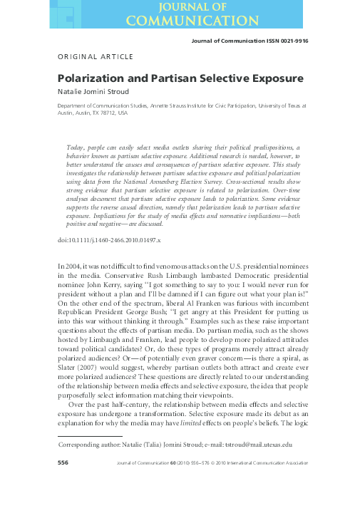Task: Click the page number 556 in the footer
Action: (63, 463)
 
